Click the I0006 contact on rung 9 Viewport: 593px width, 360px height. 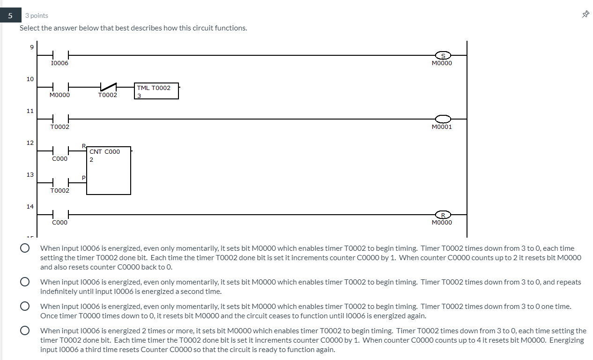(x=60, y=55)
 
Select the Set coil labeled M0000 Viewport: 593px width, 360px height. (x=443, y=55)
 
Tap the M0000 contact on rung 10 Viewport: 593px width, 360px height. (x=60, y=87)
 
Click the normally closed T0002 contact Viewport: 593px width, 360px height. (x=108, y=87)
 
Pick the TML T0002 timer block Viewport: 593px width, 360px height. (x=157, y=91)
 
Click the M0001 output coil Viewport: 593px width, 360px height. (x=443, y=119)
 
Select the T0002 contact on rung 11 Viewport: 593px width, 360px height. (x=60, y=119)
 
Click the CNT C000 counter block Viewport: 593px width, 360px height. (x=108, y=170)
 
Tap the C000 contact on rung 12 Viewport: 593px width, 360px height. (x=60, y=151)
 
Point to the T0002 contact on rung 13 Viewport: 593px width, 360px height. (x=60, y=183)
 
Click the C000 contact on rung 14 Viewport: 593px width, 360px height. (x=60, y=215)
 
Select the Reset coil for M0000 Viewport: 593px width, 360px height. (x=443, y=215)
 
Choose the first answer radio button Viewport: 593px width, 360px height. (x=25, y=248)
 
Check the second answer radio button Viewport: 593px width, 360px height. (x=25, y=282)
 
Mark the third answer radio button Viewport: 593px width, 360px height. (x=25, y=307)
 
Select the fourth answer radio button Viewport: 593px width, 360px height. (x=25, y=331)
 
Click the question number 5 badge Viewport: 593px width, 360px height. (x=10, y=15)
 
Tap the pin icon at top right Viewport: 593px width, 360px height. (x=585, y=15)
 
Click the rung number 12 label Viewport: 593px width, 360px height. (x=30, y=142)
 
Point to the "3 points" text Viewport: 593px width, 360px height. (x=37, y=15)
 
